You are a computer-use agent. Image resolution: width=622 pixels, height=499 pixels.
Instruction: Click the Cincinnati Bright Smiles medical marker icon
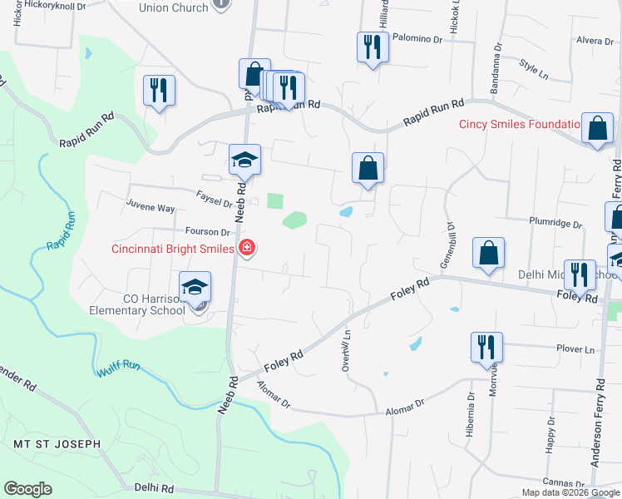click(246, 248)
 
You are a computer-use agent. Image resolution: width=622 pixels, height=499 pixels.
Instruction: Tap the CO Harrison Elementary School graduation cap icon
click(196, 288)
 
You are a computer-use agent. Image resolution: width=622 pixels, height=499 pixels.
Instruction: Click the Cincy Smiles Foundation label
click(519, 125)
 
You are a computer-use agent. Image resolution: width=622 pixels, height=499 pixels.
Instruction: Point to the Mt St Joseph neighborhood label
click(57, 444)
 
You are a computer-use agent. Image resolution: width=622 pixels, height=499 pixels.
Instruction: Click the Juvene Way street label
click(151, 208)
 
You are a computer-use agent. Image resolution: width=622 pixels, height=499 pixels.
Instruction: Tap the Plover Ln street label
click(578, 350)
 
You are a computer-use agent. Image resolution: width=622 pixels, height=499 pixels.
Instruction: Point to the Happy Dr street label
click(550, 443)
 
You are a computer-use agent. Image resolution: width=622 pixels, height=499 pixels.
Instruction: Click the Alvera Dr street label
click(594, 40)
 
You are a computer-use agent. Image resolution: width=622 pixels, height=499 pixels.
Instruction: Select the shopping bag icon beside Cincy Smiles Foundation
click(597, 128)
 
